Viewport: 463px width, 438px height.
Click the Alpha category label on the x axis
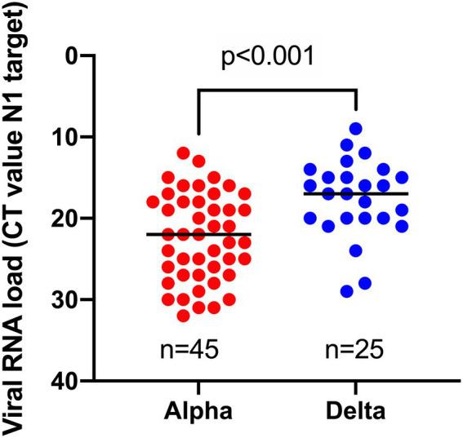click(x=198, y=414)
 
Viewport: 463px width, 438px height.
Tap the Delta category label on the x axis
click(x=356, y=414)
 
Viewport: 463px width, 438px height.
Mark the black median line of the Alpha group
click(x=198, y=234)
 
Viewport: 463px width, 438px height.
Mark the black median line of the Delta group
click(x=356, y=193)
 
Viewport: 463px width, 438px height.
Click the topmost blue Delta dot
click(x=356, y=128)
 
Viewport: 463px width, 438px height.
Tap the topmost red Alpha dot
click(x=184, y=153)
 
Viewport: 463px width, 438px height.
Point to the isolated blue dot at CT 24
click(x=356, y=250)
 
